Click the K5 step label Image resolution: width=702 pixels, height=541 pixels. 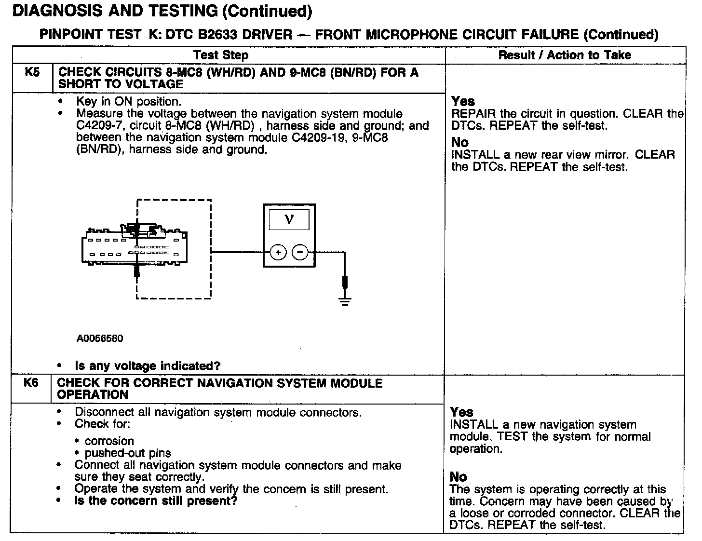32,72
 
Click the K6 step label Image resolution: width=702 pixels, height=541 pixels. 31,383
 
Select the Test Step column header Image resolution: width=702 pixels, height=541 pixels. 221,55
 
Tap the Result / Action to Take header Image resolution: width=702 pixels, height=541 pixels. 565,55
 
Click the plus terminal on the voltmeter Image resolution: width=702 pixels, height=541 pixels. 278,252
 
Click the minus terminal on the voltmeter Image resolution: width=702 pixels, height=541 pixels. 300,252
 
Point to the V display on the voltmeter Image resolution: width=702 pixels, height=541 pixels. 289,220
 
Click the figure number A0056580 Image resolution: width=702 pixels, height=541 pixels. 100,338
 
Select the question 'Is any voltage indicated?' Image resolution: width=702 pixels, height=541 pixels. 148,366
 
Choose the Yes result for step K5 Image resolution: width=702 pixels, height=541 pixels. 463,102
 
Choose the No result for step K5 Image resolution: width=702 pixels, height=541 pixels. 459,143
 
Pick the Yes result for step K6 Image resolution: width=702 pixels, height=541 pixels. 461,412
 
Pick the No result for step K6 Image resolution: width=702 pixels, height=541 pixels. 459,477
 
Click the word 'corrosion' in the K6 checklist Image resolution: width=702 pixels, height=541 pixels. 109,441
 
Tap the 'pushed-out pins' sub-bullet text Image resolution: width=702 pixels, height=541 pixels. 128,453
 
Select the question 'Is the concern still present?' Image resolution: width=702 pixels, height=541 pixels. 156,501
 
